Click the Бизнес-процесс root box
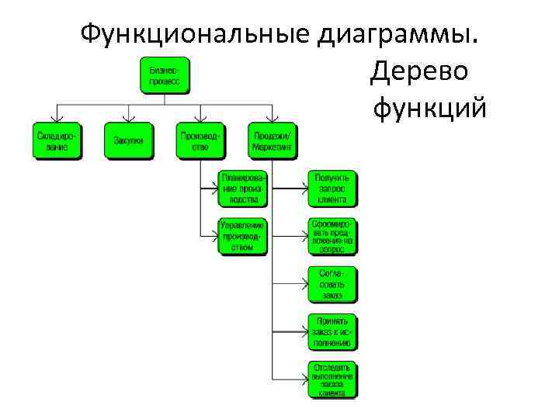164,75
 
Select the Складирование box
57,141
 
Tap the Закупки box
128,141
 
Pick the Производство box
200,141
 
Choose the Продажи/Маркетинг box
272,141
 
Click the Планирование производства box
242,188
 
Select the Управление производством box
242,236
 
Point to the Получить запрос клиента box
332,188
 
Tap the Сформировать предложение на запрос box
332,236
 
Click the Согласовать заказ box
332,284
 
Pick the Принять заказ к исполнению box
332,331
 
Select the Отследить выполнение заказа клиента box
332,379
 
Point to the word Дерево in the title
418,71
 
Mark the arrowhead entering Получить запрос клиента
304,188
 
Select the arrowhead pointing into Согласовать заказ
304,284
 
